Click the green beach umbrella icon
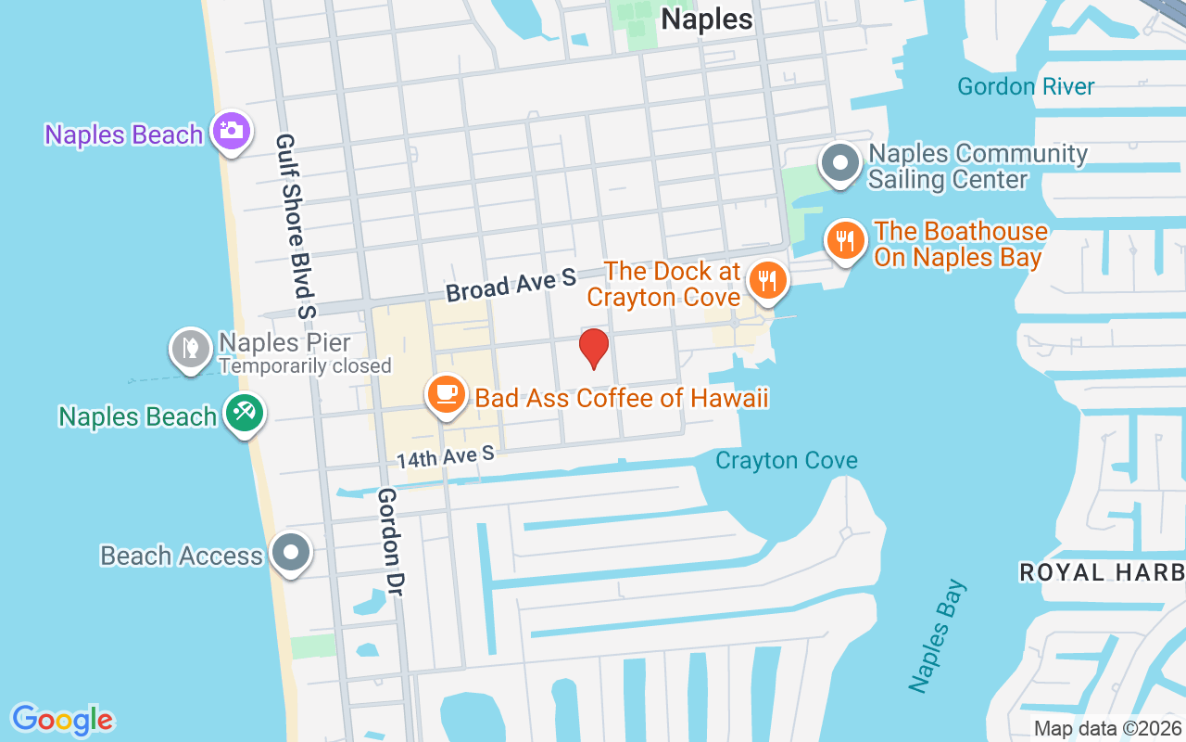tap(245, 414)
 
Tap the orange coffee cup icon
tap(446, 394)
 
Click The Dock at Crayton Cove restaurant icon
tap(767, 279)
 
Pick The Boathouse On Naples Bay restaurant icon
tap(845, 241)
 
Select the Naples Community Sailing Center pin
tap(840, 164)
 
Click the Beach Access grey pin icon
tap(292, 553)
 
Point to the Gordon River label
tap(1026, 87)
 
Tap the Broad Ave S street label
tap(511, 285)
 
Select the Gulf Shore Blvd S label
tap(296, 225)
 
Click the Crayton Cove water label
tap(786, 460)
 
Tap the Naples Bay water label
tap(938, 636)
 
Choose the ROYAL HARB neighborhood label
tap(1102, 572)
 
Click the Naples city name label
tap(706, 19)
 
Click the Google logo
tap(63, 719)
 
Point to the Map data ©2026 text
tap(1107, 728)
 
